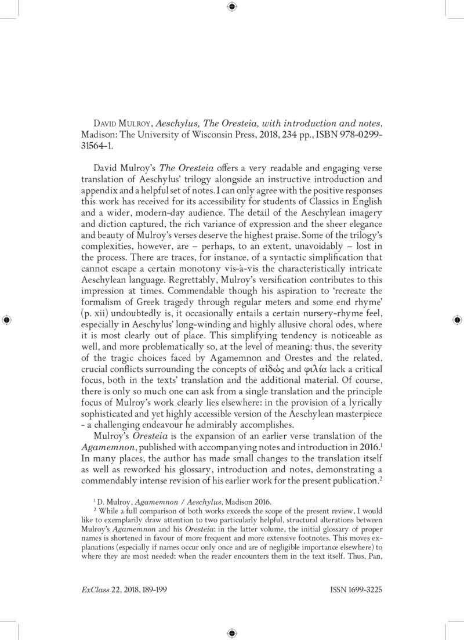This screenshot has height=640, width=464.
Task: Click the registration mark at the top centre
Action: point(231,7)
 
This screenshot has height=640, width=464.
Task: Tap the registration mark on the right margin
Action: point(457,320)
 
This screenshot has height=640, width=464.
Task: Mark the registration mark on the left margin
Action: point(7,320)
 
